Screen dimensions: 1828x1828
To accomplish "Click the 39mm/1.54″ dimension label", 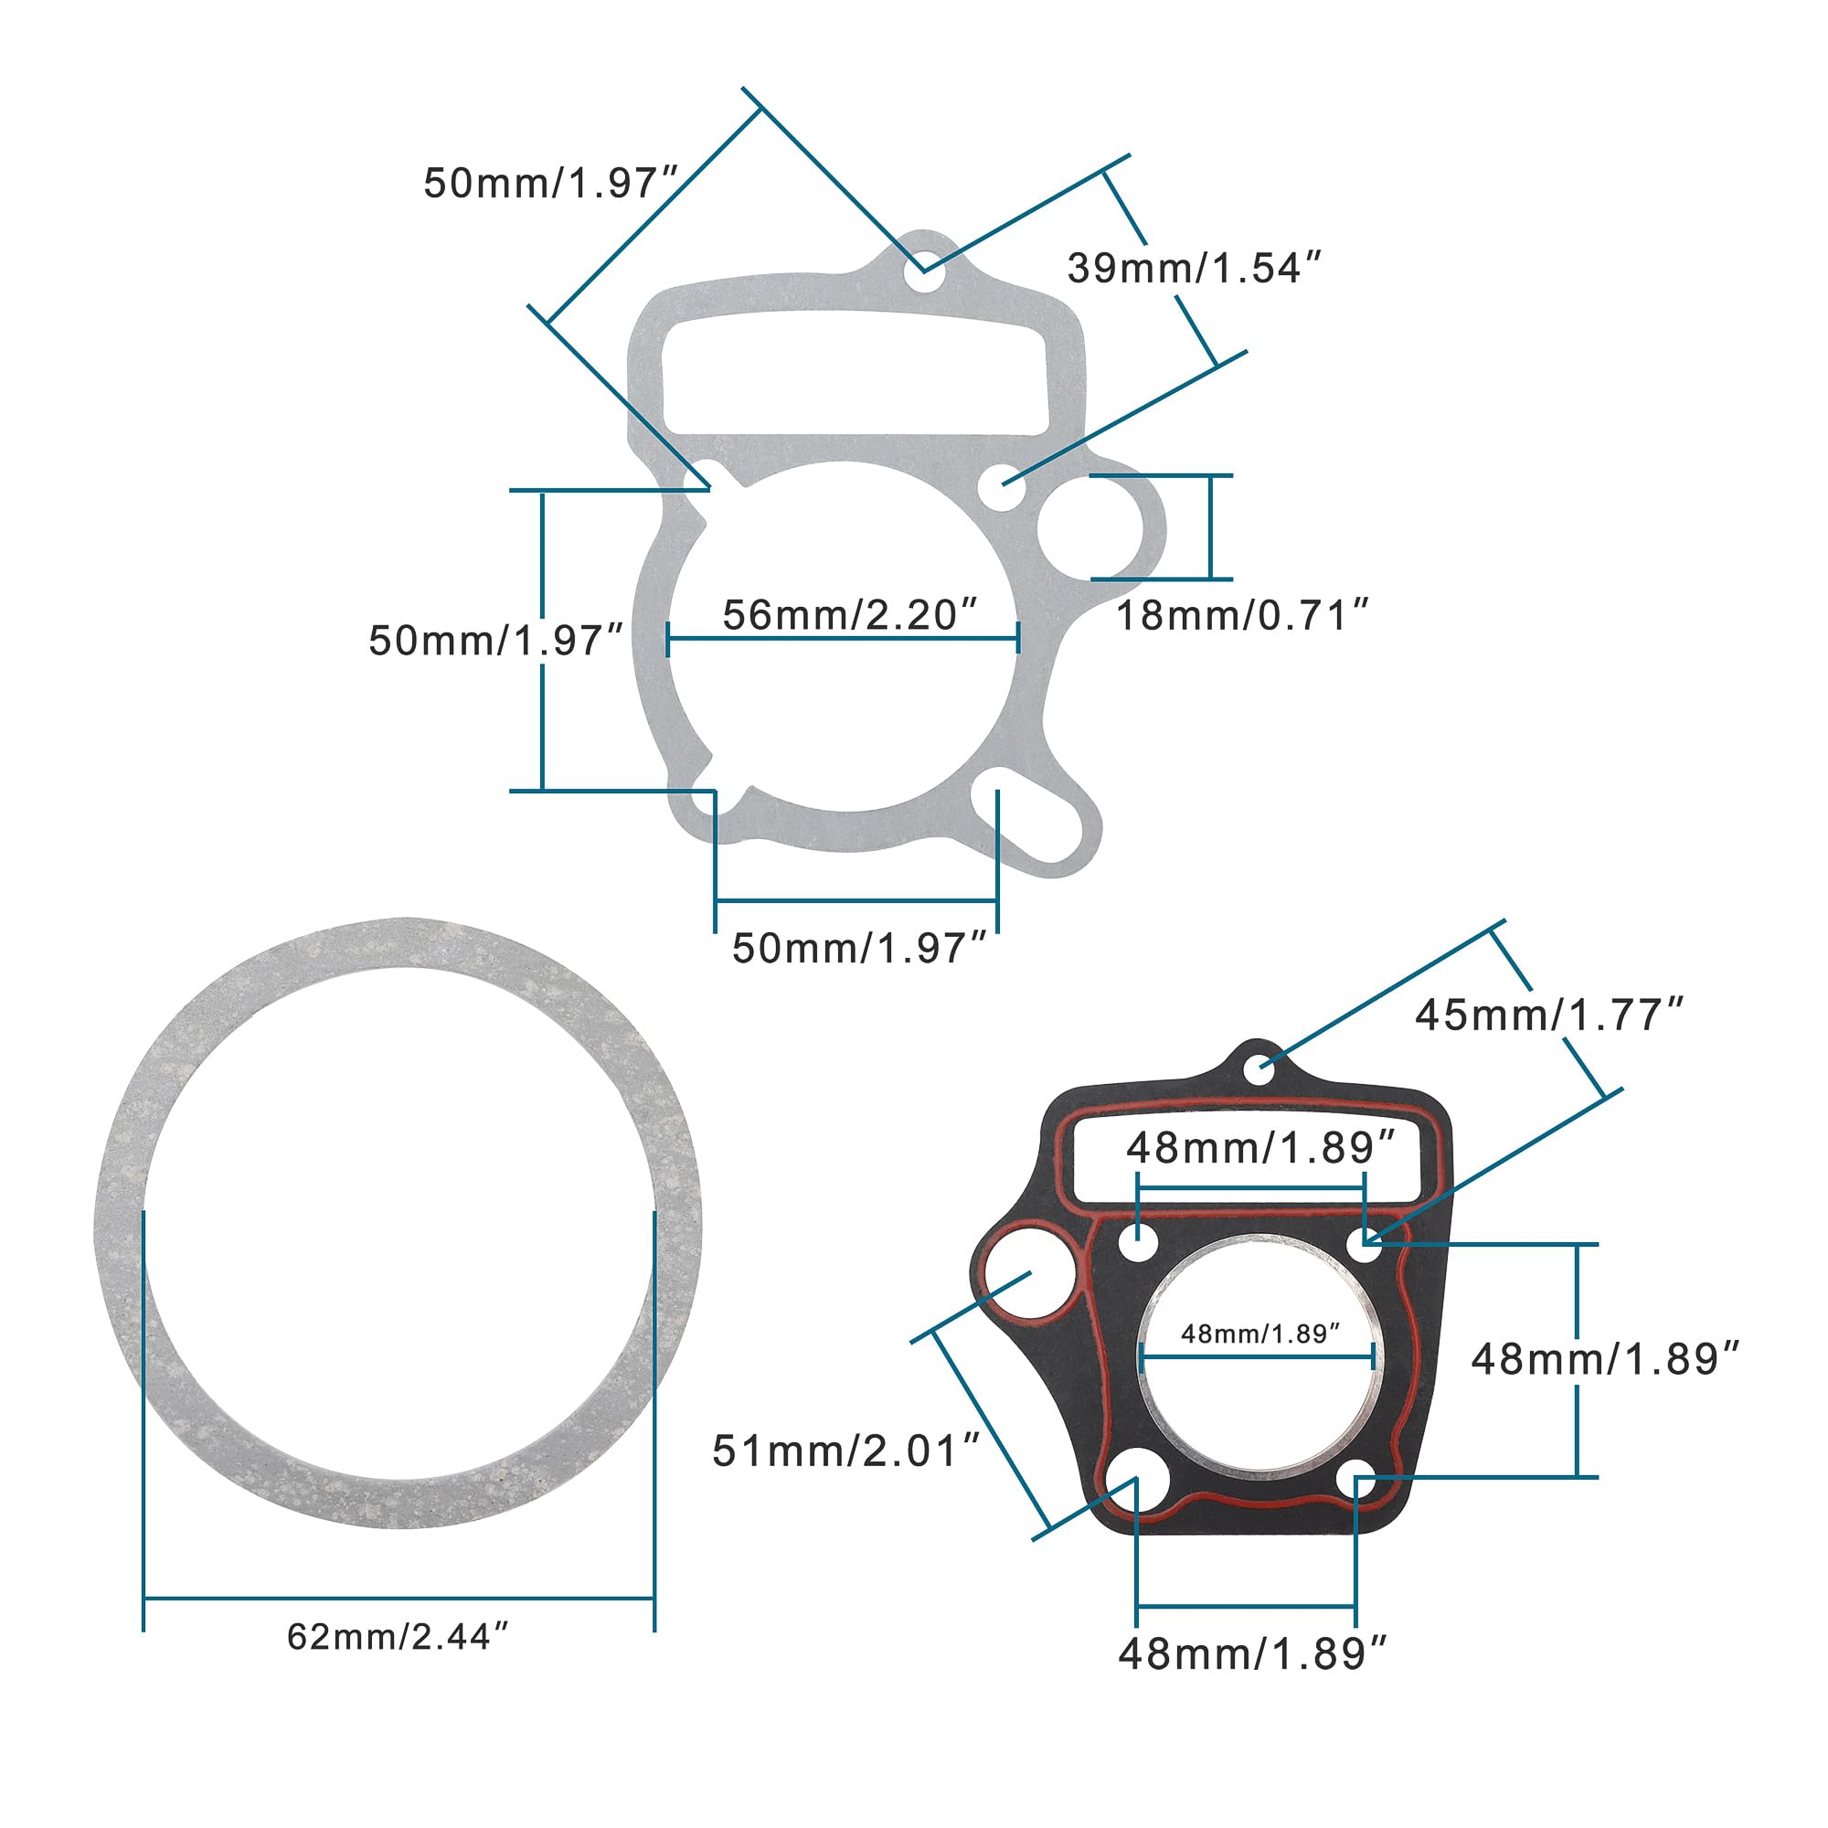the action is [x=1193, y=269].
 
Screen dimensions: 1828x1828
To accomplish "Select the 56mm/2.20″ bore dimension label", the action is [x=849, y=615].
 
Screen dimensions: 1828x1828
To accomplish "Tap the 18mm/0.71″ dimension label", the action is [x=1243, y=616].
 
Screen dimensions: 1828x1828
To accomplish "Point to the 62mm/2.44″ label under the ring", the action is [x=399, y=1663].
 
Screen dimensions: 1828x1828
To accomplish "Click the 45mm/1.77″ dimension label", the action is [x=1550, y=1015].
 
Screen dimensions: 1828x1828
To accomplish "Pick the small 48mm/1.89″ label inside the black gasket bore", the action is [x=1260, y=1334].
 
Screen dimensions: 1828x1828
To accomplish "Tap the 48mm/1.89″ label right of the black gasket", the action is [x=1606, y=1359].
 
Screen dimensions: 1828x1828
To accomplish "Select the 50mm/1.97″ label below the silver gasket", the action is [x=859, y=948].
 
